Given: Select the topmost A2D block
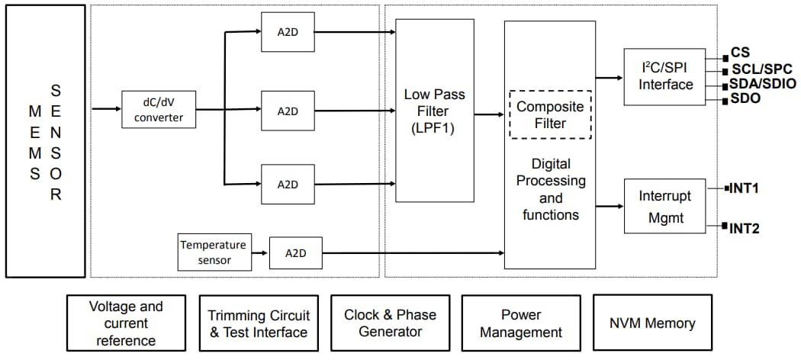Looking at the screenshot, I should (x=287, y=32).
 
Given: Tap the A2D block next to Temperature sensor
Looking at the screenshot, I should (x=295, y=252).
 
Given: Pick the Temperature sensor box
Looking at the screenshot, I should (x=213, y=252).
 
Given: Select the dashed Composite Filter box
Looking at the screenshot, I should (x=550, y=115).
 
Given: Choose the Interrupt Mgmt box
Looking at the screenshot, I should (x=664, y=206).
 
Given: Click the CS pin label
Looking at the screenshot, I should (x=740, y=53).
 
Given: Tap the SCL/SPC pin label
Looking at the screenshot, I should (x=758, y=69).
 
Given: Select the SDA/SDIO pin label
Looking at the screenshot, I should (x=761, y=84).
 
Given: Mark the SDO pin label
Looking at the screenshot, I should (x=745, y=98).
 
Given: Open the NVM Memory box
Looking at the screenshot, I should (x=652, y=323).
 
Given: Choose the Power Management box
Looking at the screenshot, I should (x=521, y=323).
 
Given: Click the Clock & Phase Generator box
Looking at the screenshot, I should (x=390, y=323).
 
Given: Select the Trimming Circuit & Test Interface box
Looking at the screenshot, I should (x=259, y=323).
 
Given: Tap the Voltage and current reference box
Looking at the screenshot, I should (x=126, y=323).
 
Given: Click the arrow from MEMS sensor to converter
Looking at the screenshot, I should (x=105, y=109).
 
